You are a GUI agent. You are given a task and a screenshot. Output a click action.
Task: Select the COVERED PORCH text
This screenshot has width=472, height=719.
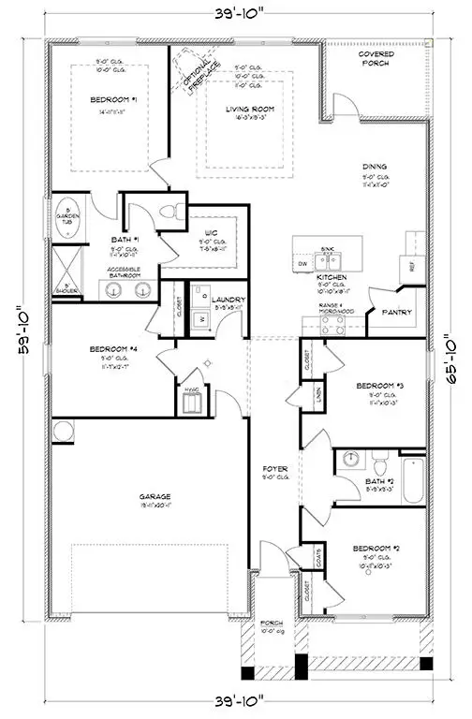tap(376, 60)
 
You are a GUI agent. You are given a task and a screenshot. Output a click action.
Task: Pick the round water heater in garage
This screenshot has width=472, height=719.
tap(63, 432)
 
